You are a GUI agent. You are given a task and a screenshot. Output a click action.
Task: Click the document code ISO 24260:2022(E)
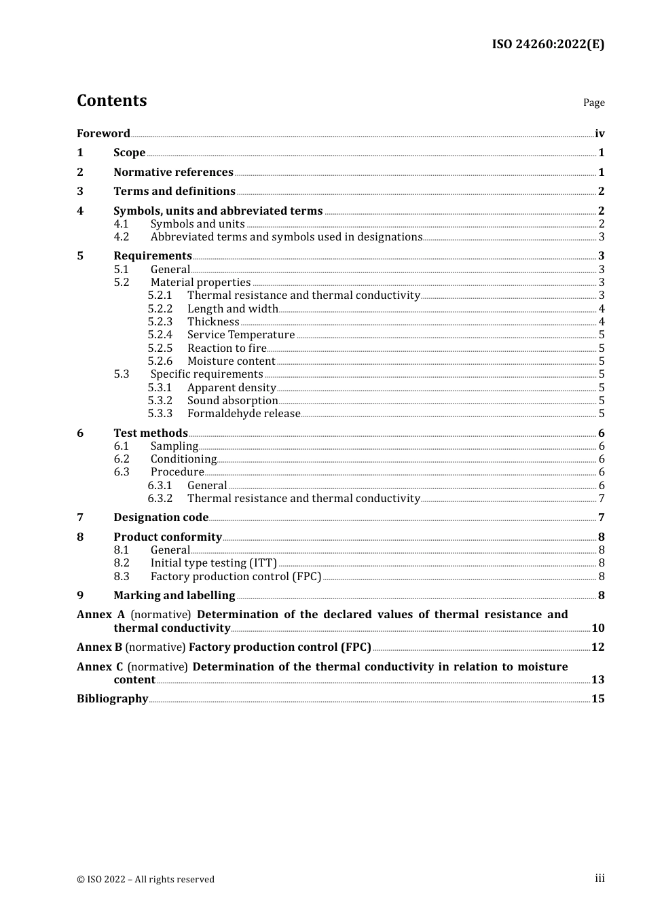548,44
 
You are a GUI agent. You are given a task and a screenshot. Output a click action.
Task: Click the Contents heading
111,101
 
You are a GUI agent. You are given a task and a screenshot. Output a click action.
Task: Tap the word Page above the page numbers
593,103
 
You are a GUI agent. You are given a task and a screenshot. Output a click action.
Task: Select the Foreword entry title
103,133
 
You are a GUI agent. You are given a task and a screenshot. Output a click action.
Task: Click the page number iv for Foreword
600,133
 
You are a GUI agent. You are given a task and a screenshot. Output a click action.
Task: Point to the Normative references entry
173,172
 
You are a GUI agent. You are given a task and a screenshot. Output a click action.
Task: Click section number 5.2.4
160,335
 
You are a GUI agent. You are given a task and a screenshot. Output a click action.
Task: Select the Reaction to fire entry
227,348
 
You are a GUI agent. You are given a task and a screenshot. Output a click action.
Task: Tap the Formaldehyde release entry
243,413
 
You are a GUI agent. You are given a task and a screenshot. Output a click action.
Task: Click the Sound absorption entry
232,400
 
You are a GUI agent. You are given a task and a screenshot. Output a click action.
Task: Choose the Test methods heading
150,433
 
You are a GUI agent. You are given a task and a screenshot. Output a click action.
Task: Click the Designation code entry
161,517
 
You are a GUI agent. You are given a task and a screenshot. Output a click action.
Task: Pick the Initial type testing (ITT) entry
213,562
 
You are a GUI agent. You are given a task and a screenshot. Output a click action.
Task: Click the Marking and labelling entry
174,595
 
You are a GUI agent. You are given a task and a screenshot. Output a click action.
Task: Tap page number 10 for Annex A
597,628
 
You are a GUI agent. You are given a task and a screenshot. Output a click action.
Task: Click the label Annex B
99,647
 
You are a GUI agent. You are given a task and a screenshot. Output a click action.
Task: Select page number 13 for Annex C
597,679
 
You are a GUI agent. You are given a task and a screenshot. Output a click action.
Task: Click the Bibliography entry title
112,698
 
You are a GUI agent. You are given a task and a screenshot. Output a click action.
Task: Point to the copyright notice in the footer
145,879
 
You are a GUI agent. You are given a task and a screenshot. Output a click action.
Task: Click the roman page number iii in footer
600,878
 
